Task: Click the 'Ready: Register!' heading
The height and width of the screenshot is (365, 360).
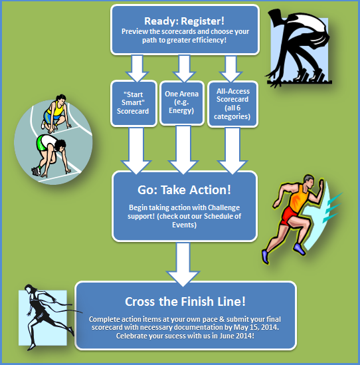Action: pyautogui.click(x=185, y=21)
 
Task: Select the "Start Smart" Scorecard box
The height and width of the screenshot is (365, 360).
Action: pyautogui.click(x=134, y=103)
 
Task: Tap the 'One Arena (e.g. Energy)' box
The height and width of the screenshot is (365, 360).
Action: pyautogui.click(x=182, y=103)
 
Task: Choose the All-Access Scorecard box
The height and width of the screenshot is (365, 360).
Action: pyautogui.click(x=232, y=104)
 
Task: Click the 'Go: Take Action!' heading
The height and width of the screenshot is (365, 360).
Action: pyautogui.click(x=185, y=189)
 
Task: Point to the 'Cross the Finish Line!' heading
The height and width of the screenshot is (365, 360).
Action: pyautogui.click(x=185, y=301)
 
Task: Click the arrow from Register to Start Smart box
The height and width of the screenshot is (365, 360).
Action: pyautogui.click(x=137, y=68)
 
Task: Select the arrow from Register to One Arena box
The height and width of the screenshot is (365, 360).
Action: pyautogui.click(x=184, y=68)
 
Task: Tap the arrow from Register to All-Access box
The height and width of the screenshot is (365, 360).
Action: pyautogui.click(x=231, y=68)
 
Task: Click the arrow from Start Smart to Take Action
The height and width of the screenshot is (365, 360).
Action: pyautogui.click(x=136, y=150)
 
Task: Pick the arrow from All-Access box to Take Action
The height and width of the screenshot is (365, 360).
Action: pyautogui.click(x=232, y=151)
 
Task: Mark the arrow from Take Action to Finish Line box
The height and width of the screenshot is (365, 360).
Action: pyautogui.click(x=183, y=265)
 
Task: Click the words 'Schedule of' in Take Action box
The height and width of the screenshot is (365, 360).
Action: pyautogui.click(x=223, y=216)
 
